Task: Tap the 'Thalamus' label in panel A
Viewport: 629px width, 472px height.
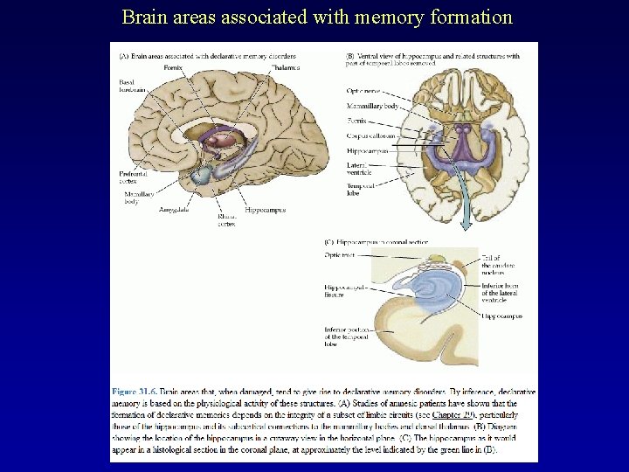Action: click(286, 67)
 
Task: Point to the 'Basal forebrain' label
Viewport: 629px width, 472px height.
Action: click(132, 86)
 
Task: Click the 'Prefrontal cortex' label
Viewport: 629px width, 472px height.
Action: click(133, 177)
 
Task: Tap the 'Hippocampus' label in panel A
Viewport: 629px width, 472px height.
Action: click(265, 210)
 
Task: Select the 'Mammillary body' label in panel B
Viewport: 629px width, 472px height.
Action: click(372, 106)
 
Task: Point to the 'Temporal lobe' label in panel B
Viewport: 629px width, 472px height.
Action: click(358, 189)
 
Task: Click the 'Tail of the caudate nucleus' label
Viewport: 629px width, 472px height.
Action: click(492, 265)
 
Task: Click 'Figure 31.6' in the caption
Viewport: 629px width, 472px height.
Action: click(137, 392)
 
